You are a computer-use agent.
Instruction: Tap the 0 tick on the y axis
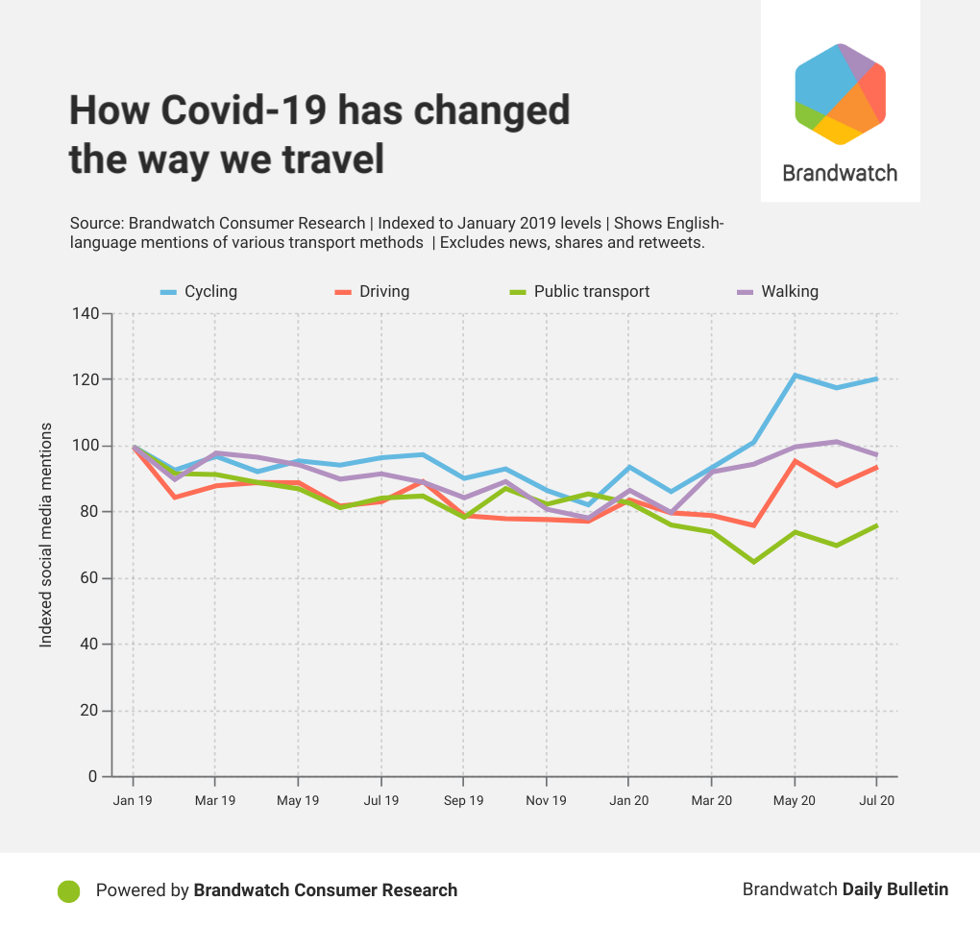point(94,776)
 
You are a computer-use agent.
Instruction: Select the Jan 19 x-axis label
point(132,800)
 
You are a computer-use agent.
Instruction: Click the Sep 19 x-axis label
point(463,800)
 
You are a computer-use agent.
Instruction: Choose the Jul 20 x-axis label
point(876,800)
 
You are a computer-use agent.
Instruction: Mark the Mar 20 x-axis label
point(711,800)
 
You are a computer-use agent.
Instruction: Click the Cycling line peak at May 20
point(795,375)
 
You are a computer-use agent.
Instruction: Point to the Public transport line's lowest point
point(753,561)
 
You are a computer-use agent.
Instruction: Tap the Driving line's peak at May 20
point(795,461)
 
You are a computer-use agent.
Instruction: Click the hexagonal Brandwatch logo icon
point(840,94)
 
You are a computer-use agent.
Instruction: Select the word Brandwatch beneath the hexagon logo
point(840,173)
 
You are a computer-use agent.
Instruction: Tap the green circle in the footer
point(68,890)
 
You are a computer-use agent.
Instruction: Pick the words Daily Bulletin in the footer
point(895,889)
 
